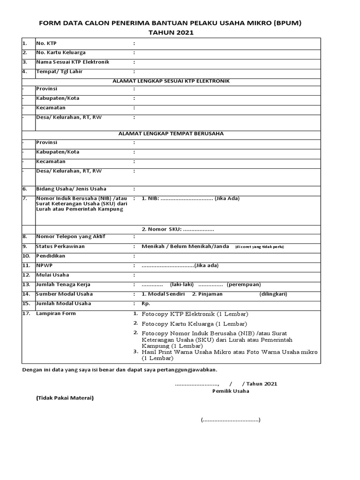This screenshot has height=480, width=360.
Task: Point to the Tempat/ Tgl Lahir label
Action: click(x=55, y=72)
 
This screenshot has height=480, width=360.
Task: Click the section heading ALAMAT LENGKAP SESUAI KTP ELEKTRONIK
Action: click(x=171, y=81)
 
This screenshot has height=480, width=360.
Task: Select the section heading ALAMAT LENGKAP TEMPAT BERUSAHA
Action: click(x=171, y=134)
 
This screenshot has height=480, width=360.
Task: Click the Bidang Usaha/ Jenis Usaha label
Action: click(x=71, y=189)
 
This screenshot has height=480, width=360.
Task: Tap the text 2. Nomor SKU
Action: click(x=161, y=229)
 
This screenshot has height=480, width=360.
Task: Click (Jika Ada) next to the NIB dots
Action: click(x=227, y=198)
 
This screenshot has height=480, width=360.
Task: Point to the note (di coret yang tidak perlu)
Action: click(x=260, y=247)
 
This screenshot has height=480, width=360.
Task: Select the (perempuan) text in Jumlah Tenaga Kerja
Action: click(x=244, y=285)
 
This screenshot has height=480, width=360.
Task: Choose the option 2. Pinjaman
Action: click(x=207, y=294)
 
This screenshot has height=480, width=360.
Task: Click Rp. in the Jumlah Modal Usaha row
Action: click(x=146, y=304)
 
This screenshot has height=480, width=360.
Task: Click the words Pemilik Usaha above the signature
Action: click(x=231, y=391)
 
